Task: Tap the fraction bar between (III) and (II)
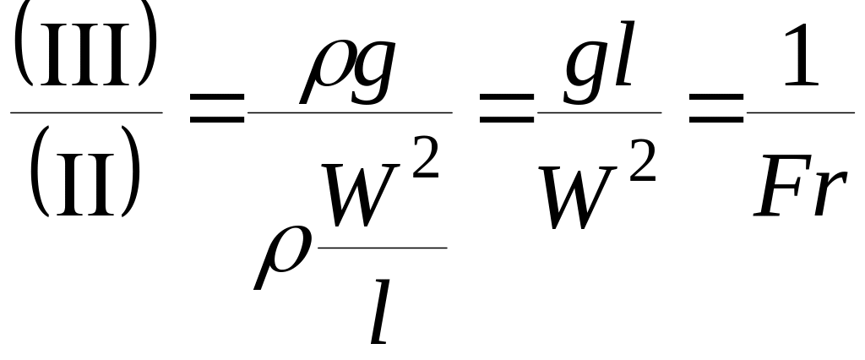pyautogui.click(x=86, y=112)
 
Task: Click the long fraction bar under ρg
pyautogui.click(x=351, y=112)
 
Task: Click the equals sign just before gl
pyautogui.click(x=503, y=111)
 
